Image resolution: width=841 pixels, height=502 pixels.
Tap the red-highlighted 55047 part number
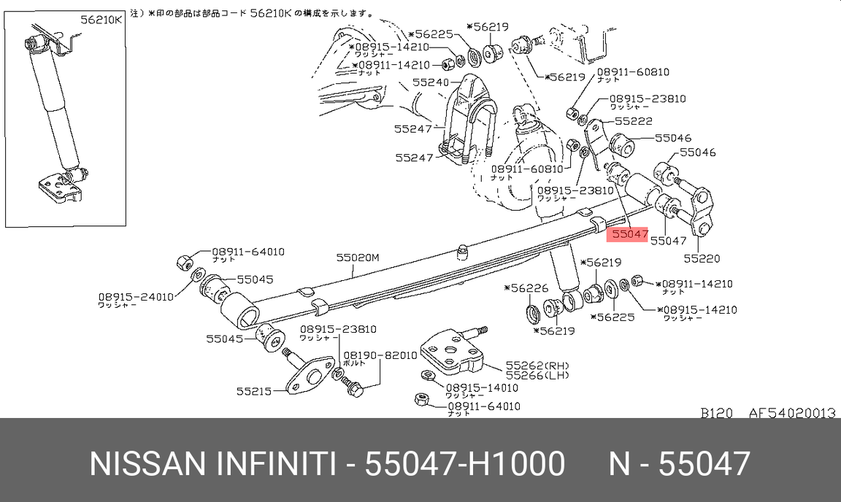click(629, 235)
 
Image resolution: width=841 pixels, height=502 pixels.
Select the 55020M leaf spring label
click(358, 258)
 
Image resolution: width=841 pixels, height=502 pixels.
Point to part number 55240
click(430, 83)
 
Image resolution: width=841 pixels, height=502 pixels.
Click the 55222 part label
click(633, 121)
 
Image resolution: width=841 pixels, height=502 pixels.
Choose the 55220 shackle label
click(702, 258)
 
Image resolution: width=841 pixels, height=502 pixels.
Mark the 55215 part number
click(253, 391)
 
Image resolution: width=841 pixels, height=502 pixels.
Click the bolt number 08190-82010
click(380, 355)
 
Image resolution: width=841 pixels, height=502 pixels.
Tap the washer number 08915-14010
click(483, 388)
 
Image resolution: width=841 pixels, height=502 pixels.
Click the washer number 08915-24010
click(136, 297)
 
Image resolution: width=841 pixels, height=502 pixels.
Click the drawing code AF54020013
click(791, 413)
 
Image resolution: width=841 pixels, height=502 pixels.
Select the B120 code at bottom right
click(716, 413)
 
